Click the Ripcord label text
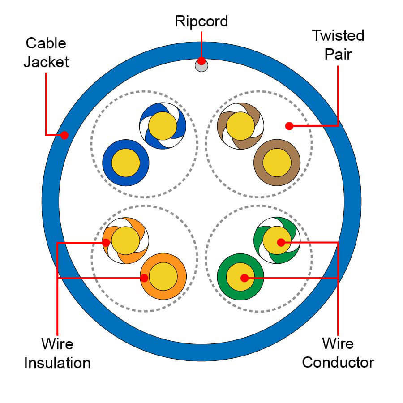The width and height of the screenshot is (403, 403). point(201,21)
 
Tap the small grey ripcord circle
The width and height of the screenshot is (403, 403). point(201,66)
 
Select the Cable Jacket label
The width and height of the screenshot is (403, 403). point(46,52)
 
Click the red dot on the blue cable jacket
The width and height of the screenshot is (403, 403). point(64,134)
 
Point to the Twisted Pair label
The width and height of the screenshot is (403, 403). point(338,44)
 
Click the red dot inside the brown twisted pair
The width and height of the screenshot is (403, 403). point(289,126)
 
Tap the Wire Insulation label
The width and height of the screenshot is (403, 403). point(57,353)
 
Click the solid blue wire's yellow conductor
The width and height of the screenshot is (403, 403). point(126,163)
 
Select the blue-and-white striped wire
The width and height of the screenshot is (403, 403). point(163,126)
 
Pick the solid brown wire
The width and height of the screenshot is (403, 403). point(277,163)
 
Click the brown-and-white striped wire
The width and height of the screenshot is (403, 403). point(240,126)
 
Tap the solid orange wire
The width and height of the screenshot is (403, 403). point(163,277)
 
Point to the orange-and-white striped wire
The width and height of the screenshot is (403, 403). point(125,240)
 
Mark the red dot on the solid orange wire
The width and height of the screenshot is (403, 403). point(144,278)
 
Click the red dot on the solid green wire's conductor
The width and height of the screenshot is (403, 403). point(244,278)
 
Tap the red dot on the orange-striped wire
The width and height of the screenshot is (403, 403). point(106,243)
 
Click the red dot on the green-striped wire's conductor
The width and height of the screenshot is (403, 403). point(281,243)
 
